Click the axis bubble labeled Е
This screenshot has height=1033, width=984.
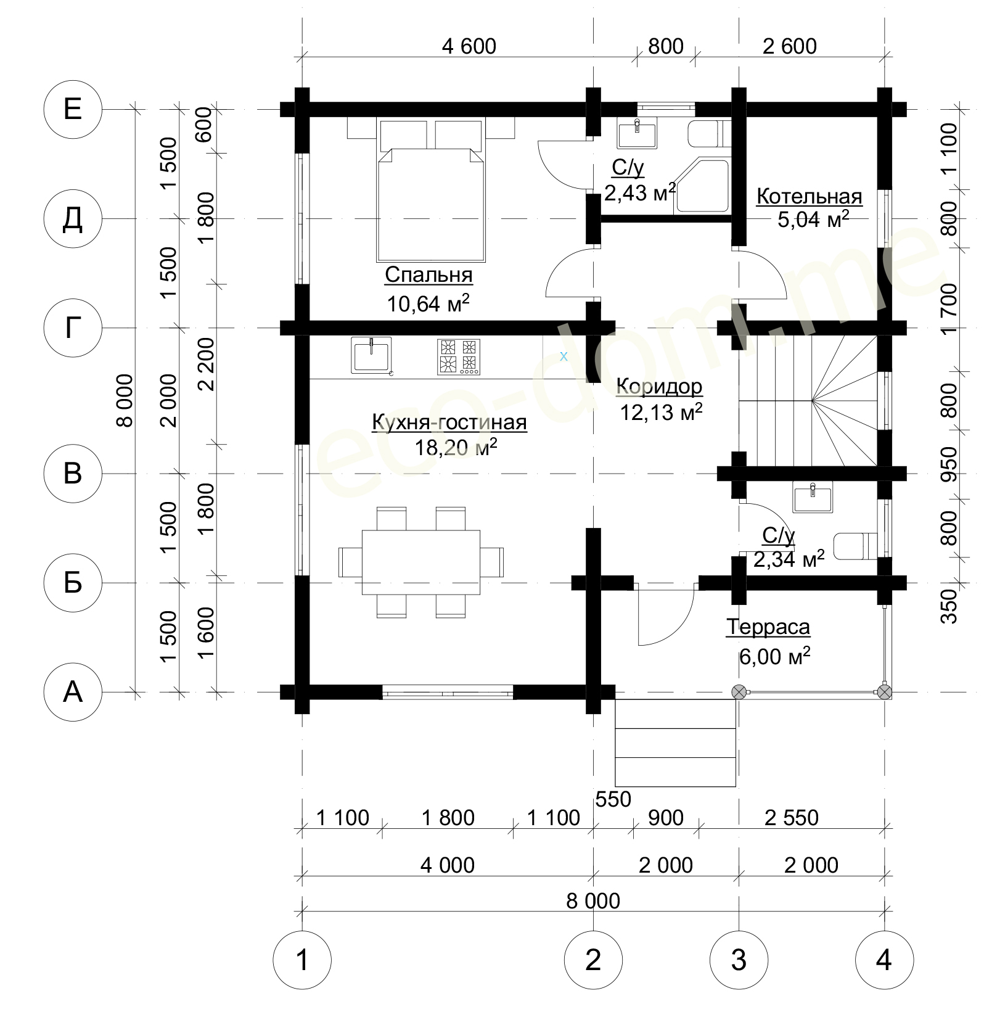coord(73,109)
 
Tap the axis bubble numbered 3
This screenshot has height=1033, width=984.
coord(739,960)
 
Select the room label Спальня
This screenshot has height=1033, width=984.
coord(428,274)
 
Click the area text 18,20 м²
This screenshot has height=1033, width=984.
coord(456,447)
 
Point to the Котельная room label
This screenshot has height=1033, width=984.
coord(809,196)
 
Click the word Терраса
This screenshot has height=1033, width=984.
coord(768,627)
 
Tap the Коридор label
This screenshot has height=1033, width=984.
coord(659,386)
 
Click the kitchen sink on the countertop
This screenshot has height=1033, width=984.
coord(372,356)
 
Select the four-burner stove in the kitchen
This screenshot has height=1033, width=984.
coord(458,356)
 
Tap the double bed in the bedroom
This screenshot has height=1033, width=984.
coord(430,191)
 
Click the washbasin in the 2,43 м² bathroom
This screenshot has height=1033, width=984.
coord(637,133)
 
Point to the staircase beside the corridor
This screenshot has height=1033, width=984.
coord(808,400)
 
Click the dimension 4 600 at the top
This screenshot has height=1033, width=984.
coord(469,46)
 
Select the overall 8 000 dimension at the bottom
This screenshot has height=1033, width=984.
coord(593,901)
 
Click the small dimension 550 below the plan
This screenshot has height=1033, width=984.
coord(613,799)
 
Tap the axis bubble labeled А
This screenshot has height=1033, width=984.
coord(73,692)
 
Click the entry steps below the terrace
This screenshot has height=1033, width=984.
coord(676,743)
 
